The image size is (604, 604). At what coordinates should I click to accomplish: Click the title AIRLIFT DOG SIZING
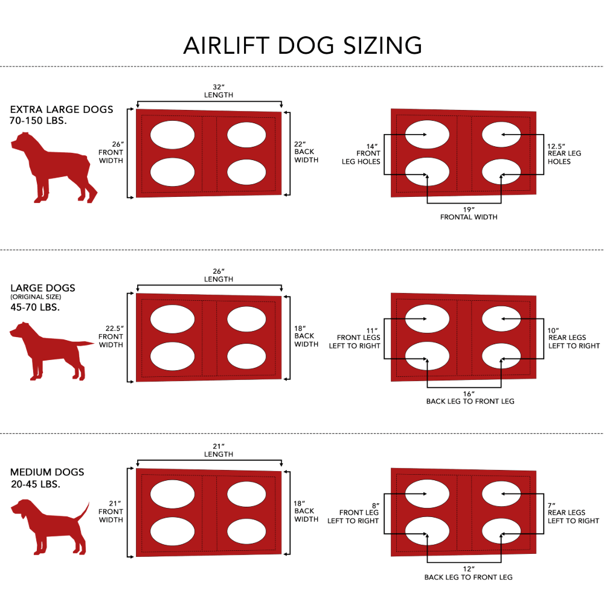(x=303, y=45)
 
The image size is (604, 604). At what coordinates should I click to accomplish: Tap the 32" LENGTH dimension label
(x=219, y=91)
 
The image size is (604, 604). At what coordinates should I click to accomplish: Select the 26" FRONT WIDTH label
(x=111, y=152)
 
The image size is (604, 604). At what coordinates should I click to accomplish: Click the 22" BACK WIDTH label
(x=306, y=152)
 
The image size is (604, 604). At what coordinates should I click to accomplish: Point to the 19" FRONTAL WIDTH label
(x=469, y=213)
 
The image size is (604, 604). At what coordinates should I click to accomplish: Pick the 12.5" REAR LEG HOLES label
(x=564, y=153)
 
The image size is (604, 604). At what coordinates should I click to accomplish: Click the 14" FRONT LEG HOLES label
(x=361, y=153)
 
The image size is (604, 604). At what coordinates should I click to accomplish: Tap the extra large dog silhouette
(x=54, y=167)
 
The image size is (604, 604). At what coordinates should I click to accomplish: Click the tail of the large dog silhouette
(x=85, y=343)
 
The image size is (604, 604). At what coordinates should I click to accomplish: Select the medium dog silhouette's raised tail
(x=83, y=512)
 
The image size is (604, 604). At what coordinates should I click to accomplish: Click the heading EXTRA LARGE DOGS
(x=62, y=109)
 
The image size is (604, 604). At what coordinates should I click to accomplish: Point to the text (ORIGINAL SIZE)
(x=36, y=297)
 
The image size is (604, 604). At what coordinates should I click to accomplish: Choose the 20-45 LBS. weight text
(x=36, y=484)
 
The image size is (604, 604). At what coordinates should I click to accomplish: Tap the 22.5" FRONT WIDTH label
(x=111, y=336)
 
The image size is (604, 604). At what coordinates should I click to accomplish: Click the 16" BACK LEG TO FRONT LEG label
(x=470, y=397)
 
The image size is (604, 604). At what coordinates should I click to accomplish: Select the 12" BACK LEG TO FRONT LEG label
(x=469, y=573)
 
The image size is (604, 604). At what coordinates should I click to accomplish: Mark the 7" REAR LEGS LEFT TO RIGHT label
(x=573, y=513)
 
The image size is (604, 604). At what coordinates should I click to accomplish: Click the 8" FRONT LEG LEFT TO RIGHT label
(x=353, y=513)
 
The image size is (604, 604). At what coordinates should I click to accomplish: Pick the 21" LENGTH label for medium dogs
(x=219, y=451)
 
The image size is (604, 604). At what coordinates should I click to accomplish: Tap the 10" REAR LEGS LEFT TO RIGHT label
(x=574, y=338)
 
